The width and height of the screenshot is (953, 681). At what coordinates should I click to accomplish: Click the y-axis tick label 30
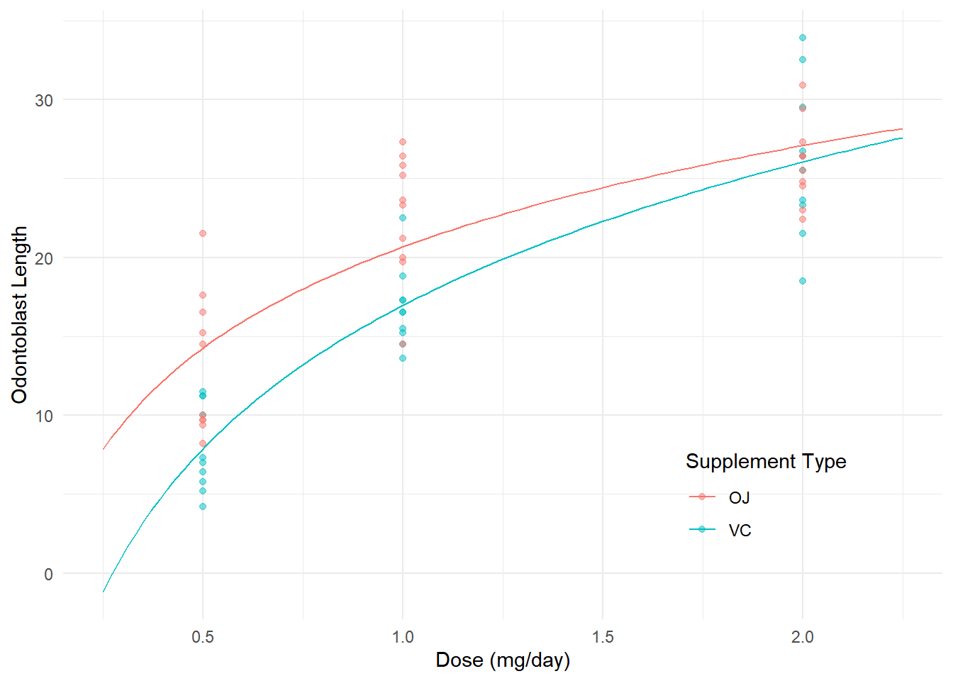pos(44,100)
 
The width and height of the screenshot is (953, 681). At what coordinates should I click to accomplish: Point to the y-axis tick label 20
pos(44,258)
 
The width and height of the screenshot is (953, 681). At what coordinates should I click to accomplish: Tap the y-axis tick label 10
pos(44,416)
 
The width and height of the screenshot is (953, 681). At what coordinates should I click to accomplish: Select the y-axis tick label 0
pos(48,575)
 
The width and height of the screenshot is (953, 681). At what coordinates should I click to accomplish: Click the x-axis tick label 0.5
pos(203,636)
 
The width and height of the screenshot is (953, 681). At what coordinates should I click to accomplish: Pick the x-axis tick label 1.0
pos(403,636)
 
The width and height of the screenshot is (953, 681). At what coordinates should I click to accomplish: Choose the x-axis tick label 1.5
pos(603,636)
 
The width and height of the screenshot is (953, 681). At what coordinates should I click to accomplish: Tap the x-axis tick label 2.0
pos(803,636)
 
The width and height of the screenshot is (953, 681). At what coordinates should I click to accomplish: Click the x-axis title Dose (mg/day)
pos(503,660)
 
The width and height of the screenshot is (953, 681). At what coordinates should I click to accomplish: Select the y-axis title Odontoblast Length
pos(20,314)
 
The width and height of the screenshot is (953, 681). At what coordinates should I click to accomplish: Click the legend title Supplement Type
pos(766,462)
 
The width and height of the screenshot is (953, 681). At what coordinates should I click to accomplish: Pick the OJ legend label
pos(740,498)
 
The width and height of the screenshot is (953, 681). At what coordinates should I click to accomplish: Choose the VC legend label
pos(740,531)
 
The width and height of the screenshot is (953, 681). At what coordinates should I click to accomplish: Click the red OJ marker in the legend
pos(702,497)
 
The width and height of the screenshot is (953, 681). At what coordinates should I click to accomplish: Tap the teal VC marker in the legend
pos(702,529)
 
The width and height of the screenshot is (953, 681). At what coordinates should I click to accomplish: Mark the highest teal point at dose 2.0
pos(803,38)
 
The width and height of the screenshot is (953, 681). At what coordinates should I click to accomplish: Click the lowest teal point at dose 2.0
pos(803,281)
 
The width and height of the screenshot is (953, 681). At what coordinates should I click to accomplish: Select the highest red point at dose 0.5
pos(203,233)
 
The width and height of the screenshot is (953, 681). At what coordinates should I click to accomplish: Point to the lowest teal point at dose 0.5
pos(203,506)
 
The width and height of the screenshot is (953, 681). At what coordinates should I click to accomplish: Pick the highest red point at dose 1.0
pos(403,142)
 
